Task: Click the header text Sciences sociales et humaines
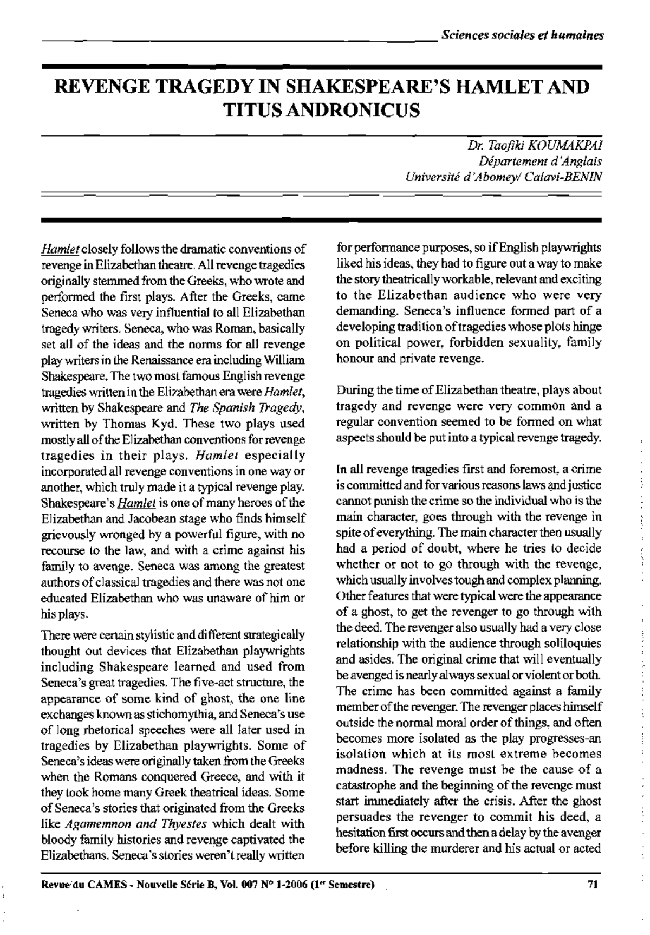coord(522,36)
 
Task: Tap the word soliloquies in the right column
coord(573,644)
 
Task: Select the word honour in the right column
coord(354,359)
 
